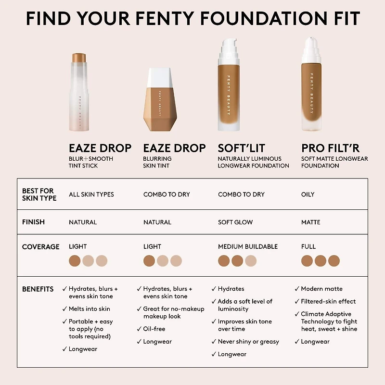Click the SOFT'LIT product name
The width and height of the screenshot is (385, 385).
coord(242,148)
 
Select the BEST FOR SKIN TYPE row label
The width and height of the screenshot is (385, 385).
coord(39,194)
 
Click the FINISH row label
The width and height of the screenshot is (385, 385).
coord(33,222)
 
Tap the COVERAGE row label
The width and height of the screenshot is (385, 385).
coord(40,246)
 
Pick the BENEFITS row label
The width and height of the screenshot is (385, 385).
coord(38,289)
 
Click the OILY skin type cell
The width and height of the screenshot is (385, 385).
coord(308,194)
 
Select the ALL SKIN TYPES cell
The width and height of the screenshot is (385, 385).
coord(91,194)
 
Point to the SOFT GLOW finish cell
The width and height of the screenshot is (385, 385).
coord(235,222)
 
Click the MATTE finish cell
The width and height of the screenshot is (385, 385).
coord(310,222)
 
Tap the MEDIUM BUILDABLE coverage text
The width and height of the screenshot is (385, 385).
coord(248,246)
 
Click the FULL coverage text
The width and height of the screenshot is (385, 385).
coord(308,246)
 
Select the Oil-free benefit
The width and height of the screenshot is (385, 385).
coord(154,329)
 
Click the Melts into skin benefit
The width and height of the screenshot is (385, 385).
coord(90,309)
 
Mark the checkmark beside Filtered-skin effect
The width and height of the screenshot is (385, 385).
coord(297,301)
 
